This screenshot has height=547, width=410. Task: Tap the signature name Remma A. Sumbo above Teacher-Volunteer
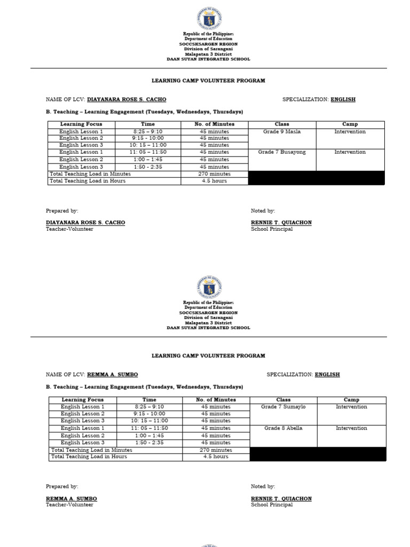coord(72,499)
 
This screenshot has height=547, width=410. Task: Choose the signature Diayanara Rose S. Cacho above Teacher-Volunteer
coord(85,223)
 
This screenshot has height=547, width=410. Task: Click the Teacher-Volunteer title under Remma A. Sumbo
coord(69,505)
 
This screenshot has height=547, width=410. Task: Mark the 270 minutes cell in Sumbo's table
coord(216,450)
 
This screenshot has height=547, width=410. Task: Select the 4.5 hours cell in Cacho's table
coord(215,181)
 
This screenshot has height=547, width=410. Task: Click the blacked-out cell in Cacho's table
coord(316,178)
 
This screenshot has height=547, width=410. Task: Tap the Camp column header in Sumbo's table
coord(351,400)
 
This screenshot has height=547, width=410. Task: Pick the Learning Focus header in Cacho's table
coord(80,124)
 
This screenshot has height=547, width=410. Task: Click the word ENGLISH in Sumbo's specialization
coord(327,375)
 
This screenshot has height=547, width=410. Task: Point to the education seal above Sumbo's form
coord(209,287)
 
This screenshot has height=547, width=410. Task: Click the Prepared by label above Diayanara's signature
coord(62,211)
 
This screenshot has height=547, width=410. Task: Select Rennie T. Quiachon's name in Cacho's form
coord(281,223)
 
